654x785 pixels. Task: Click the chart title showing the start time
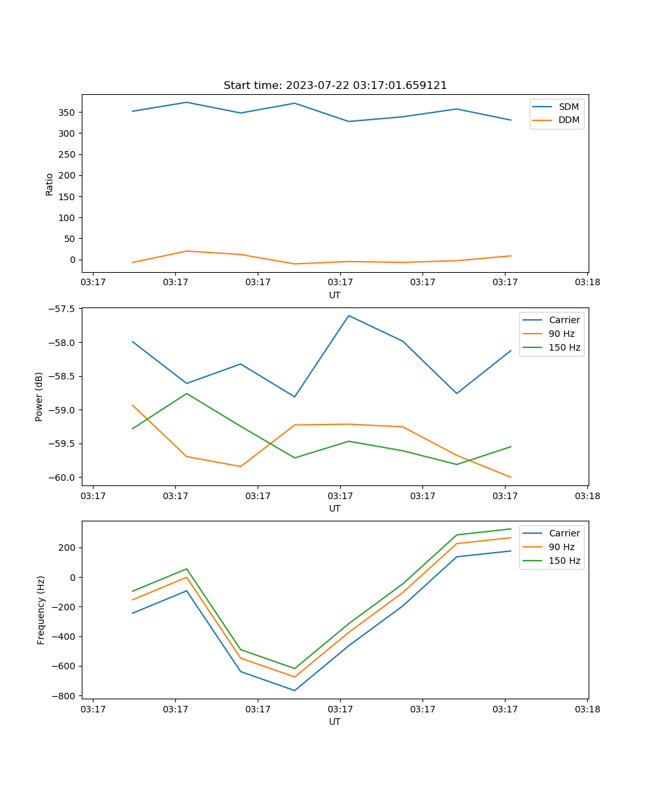click(x=335, y=86)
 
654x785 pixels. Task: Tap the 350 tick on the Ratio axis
click(x=67, y=113)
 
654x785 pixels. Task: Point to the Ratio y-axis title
click(x=50, y=184)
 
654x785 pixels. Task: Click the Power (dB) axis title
click(x=39, y=396)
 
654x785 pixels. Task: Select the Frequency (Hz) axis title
click(x=41, y=610)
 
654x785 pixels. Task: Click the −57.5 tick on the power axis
click(x=60, y=309)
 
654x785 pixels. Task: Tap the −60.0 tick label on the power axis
click(x=60, y=478)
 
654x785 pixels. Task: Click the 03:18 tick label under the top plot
click(x=587, y=283)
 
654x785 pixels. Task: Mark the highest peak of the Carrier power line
click(x=349, y=315)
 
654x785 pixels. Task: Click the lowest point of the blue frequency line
click(x=294, y=690)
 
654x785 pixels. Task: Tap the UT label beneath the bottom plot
click(x=335, y=722)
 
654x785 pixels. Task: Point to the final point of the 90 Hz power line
click(x=511, y=478)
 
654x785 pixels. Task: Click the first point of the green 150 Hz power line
click(x=133, y=428)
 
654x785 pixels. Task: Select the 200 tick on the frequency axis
click(x=67, y=548)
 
